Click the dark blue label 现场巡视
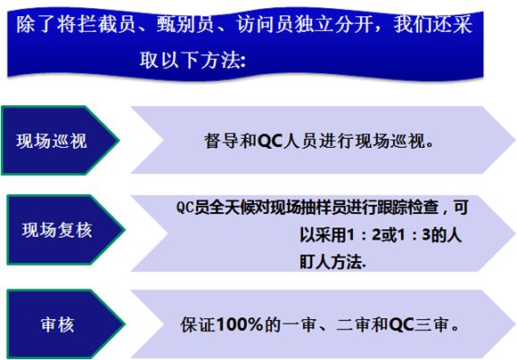tap(52, 141)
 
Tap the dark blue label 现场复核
tap(57, 230)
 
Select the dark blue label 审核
tap(58, 324)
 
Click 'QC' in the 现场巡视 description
tap(270, 141)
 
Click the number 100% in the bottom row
tap(240, 324)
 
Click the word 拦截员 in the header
tap(96, 24)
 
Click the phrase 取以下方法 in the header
tap(190, 61)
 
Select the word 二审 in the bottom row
tap(353, 324)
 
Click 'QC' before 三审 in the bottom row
tap(401, 324)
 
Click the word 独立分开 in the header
tap(334, 24)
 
